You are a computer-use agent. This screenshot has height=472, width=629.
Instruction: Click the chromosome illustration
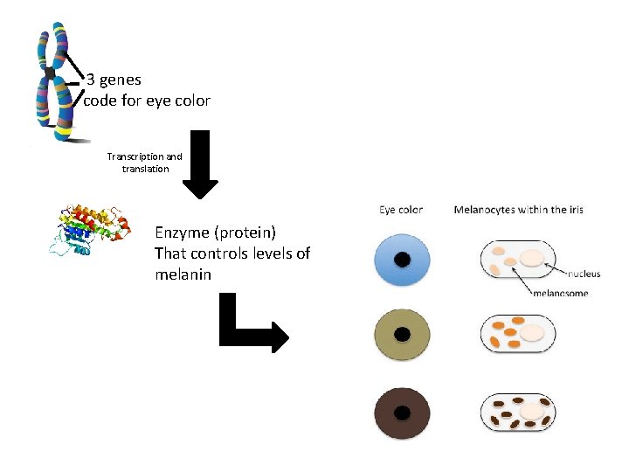coord(53,83)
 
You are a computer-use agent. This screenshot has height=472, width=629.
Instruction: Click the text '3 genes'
coord(114,80)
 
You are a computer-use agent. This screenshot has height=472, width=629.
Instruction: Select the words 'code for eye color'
coord(147,101)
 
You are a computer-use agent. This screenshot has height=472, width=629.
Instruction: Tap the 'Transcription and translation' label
coord(145,163)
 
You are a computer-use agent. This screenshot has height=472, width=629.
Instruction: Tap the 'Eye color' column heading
coord(401,210)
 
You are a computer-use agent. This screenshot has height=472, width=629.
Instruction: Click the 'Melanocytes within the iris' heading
coord(518,210)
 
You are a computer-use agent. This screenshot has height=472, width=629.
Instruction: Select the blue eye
coord(402,260)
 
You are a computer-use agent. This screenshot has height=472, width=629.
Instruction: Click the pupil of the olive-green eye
coord(402,335)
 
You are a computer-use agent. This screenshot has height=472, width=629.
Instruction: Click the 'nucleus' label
coord(582,274)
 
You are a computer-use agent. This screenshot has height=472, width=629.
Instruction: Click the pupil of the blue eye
coord(402,260)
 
